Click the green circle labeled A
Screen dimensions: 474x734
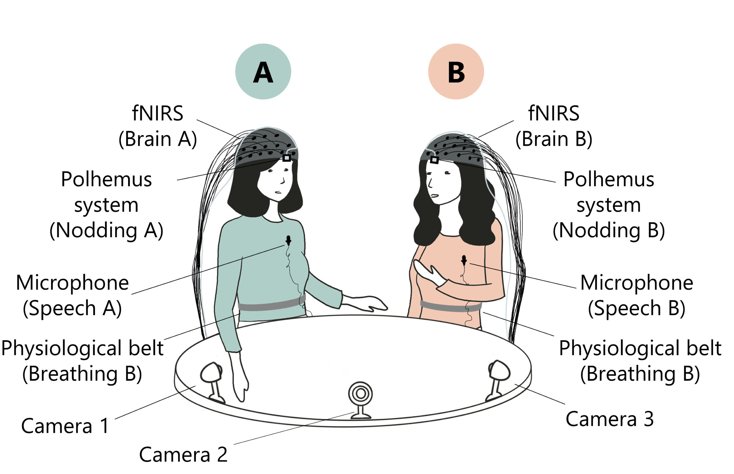click(x=263, y=72)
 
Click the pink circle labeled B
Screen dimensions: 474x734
click(x=456, y=72)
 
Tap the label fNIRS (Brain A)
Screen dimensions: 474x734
click(x=158, y=126)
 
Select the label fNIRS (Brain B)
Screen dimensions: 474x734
click(x=554, y=126)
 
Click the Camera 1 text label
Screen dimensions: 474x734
click(x=65, y=426)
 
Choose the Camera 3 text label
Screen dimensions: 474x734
click(x=610, y=419)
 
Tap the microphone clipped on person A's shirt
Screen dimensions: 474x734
click(x=288, y=240)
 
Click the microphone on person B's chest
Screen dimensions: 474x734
click(x=464, y=260)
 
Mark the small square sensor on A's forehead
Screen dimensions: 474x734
click(x=287, y=158)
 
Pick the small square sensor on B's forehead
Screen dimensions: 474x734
click(x=434, y=160)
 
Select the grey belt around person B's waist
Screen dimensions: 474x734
click(x=451, y=306)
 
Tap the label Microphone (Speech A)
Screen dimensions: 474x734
click(x=72, y=295)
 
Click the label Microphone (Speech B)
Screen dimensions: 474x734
click(x=637, y=295)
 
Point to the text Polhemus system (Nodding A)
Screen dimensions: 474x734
click(x=106, y=205)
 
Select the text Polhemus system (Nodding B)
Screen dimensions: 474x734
click(x=609, y=205)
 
